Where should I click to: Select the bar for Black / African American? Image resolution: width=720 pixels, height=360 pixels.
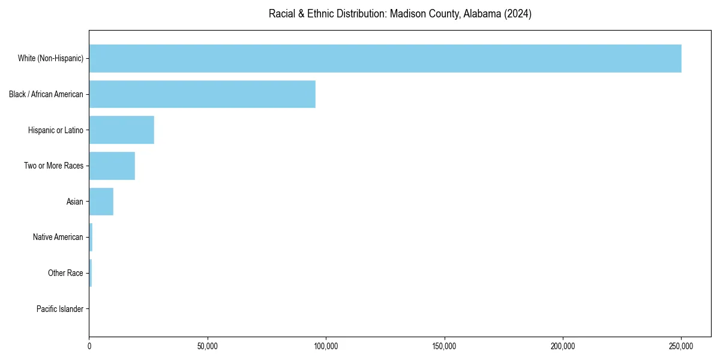coord(202,94)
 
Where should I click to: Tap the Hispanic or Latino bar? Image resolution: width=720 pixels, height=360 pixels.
coord(122,130)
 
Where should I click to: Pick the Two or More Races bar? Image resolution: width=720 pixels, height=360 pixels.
coord(112,166)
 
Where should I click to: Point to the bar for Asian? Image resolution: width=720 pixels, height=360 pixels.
coord(101,202)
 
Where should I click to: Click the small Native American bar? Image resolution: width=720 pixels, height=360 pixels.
coord(91,237)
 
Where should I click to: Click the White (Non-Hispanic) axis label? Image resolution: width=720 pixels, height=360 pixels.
coord(50,58)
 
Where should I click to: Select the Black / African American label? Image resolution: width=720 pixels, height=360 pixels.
coord(46,94)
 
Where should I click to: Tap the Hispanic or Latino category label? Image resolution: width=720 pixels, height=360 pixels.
coord(56,130)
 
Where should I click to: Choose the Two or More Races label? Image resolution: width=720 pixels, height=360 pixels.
coord(54,166)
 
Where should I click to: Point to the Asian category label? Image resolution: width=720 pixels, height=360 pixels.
coord(75,202)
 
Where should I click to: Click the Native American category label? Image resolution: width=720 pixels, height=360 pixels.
coord(58,237)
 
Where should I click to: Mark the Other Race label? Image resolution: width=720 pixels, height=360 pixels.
coord(65,273)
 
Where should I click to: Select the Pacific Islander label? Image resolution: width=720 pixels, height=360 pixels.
coord(60,309)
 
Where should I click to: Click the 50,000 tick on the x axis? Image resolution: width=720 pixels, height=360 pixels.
coord(208,346)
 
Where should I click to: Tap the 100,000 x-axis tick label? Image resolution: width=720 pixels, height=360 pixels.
coord(326,346)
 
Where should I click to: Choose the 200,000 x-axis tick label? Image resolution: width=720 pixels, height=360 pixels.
coord(563,346)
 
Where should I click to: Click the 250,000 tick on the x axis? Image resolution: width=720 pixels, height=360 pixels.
coord(681,346)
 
